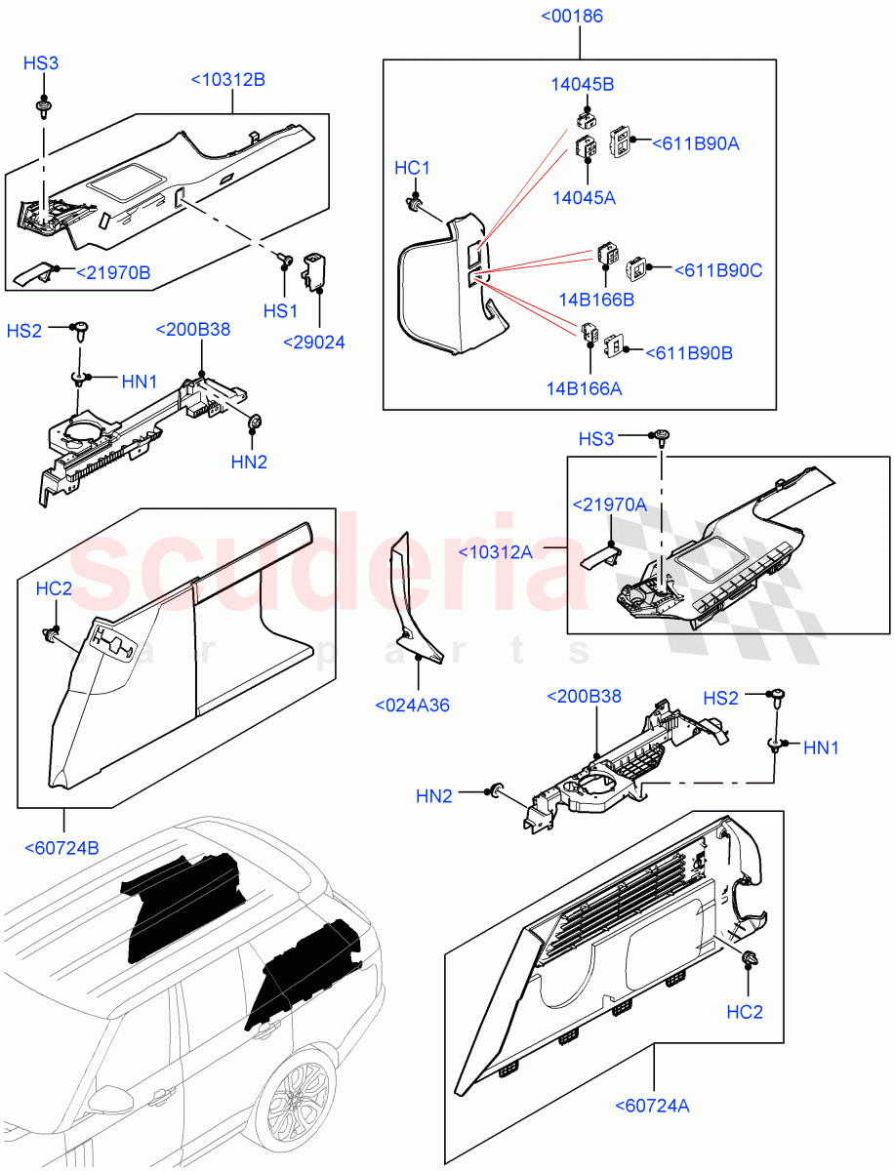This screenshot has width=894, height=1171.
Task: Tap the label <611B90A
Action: [x=695, y=143]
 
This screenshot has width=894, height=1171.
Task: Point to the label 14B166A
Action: [x=584, y=388]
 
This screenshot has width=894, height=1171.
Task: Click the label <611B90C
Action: [x=718, y=270]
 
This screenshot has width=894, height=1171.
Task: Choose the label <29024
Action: [x=313, y=343]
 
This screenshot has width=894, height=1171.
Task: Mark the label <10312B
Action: [x=227, y=80]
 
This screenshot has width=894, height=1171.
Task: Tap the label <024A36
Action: [x=412, y=705]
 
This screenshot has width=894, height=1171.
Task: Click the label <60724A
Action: [x=653, y=1106]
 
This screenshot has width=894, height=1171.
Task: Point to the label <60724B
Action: [x=61, y=847]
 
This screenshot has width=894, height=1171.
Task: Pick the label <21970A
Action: [x=609, y=505]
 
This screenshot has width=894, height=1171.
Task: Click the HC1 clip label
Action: [x=412, y=169]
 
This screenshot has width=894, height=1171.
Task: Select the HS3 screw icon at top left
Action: [x=44, y=102]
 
